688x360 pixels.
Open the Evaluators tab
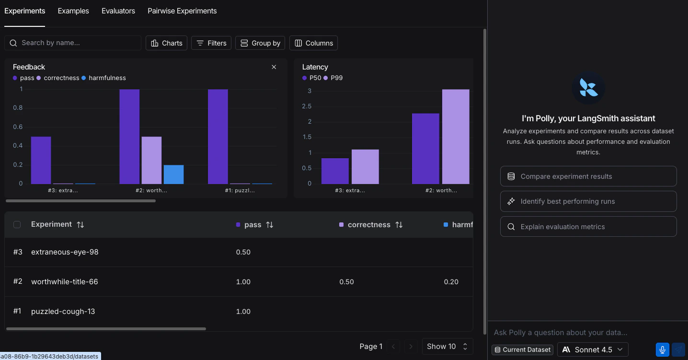118,11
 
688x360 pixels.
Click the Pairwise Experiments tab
182,11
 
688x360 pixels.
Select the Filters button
211,43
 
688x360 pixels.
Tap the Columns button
313,43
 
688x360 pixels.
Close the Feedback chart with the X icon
274,67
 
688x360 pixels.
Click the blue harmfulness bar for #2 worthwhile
173,174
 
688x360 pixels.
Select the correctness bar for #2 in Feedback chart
151,160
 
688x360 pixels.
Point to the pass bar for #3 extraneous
41,160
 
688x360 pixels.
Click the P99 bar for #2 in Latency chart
456,137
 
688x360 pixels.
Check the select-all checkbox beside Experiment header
17,225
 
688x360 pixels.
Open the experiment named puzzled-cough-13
63,312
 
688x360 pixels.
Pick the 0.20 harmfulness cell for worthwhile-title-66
451,282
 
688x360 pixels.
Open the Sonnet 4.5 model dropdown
593,349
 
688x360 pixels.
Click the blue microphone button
662,349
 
